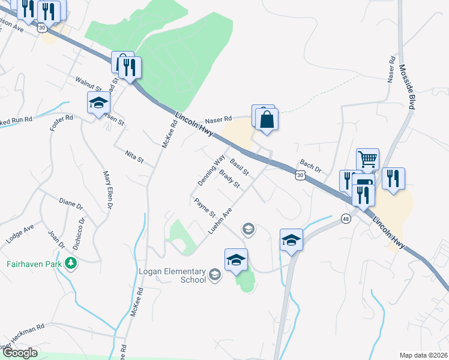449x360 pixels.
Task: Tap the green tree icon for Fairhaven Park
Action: (71, 263)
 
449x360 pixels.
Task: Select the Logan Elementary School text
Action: (172, 275)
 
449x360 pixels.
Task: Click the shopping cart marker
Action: (367, 160)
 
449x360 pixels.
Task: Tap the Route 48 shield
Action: (346, 218)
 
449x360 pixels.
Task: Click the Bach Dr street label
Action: (310, 166)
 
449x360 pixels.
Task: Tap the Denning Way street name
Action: (211, 170)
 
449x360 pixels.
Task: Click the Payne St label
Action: (205, 208)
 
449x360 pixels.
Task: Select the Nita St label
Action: (134, 157)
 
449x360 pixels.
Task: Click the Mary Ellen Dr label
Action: (108, 190)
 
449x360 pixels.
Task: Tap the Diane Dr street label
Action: (71, 203)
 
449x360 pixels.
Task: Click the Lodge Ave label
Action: (21, 234)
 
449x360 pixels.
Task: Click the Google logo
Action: (19, 353)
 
